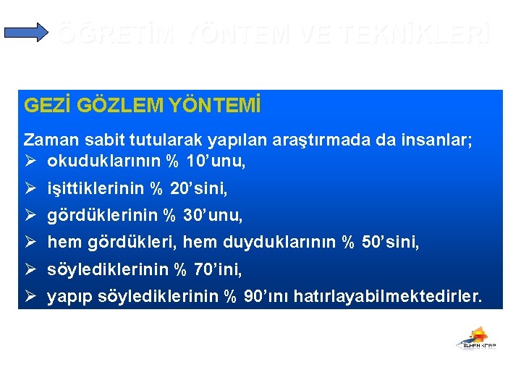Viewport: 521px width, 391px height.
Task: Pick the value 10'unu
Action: (x=216, y=161)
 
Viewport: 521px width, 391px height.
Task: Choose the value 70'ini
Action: (x=218, y=270)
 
